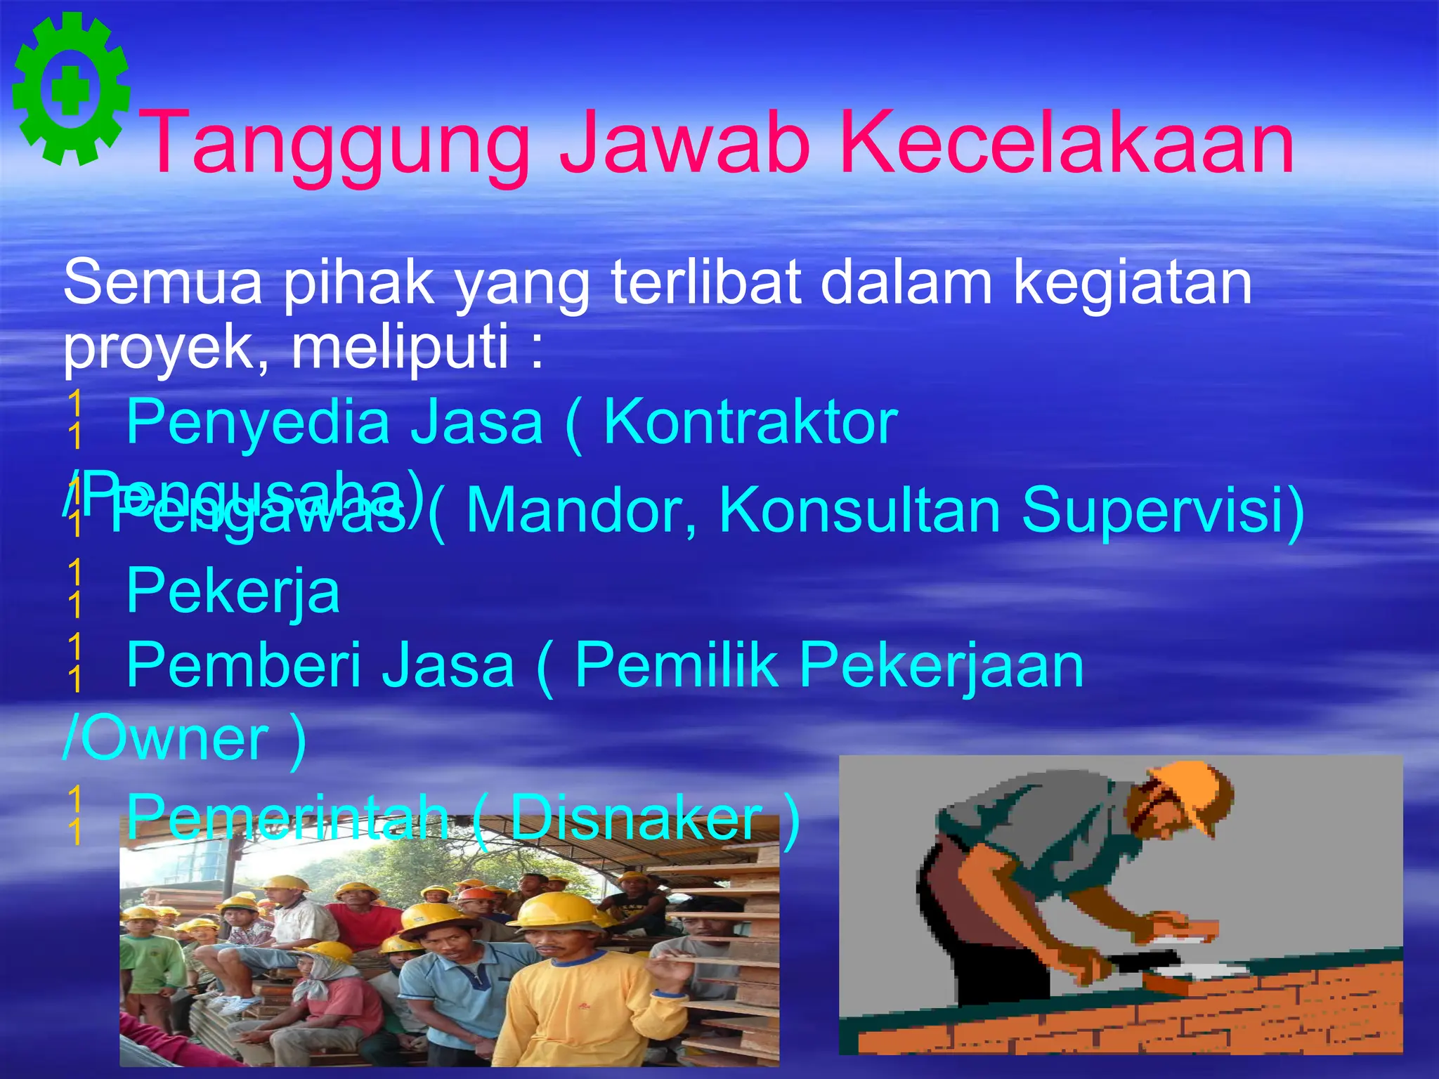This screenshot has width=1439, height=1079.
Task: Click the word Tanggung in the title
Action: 338,144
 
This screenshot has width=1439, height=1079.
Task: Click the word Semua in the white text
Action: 162,282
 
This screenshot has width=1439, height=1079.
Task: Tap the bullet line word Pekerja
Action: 233,592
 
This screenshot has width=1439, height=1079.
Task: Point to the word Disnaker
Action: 636,818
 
